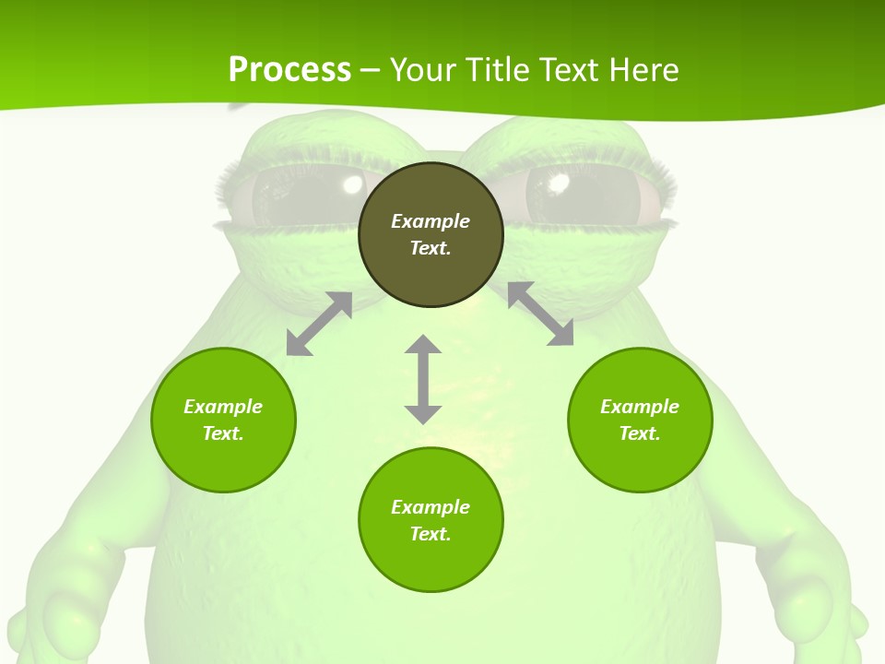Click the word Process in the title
coord(289,70)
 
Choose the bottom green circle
coord(431,563)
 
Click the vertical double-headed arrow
coord(423,379)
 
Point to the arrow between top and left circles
coord(319,324)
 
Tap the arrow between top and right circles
coord(540,314)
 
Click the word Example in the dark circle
coord(431,221)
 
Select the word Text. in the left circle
coord(223,433)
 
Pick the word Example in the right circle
coord(640,407)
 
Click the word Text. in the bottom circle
coord(431,534)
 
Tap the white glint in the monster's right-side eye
coord(558,183)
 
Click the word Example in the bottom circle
coord(431,507)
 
